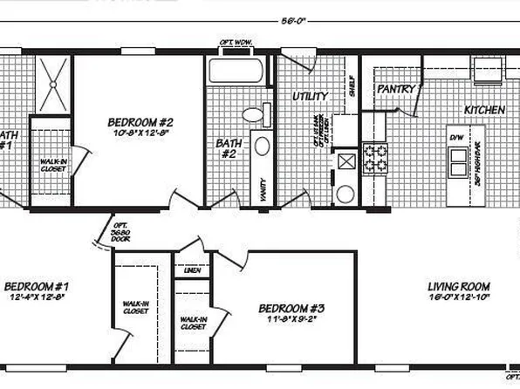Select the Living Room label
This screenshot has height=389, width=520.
(x=458, y=286)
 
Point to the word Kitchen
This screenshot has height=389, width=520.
(x=484, y=111)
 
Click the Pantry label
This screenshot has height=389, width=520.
(x=394, y=88)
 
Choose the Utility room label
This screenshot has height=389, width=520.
(x=310, y=95)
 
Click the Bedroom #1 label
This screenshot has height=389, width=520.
(x=37, y=286)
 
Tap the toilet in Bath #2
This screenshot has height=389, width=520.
(x=252, y=114)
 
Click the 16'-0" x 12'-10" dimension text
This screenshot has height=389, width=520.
(x=458, y=298)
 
